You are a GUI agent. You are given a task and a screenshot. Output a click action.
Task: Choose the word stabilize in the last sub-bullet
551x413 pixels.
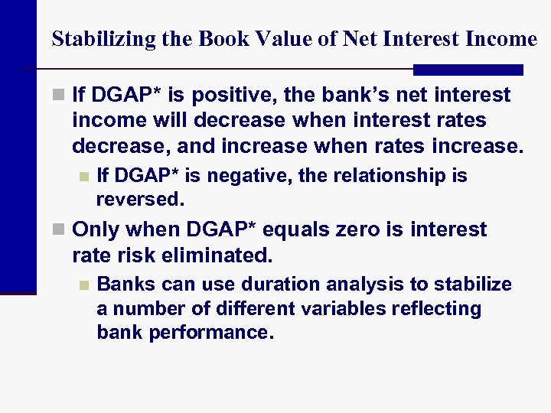click(474, 285)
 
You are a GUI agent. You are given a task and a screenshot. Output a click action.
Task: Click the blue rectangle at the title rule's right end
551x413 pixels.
click(468, 70)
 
